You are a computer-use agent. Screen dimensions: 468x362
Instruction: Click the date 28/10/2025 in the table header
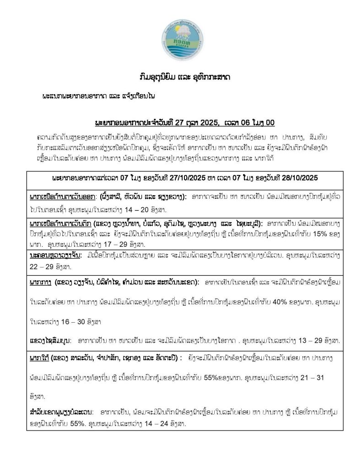pos(292,177)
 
